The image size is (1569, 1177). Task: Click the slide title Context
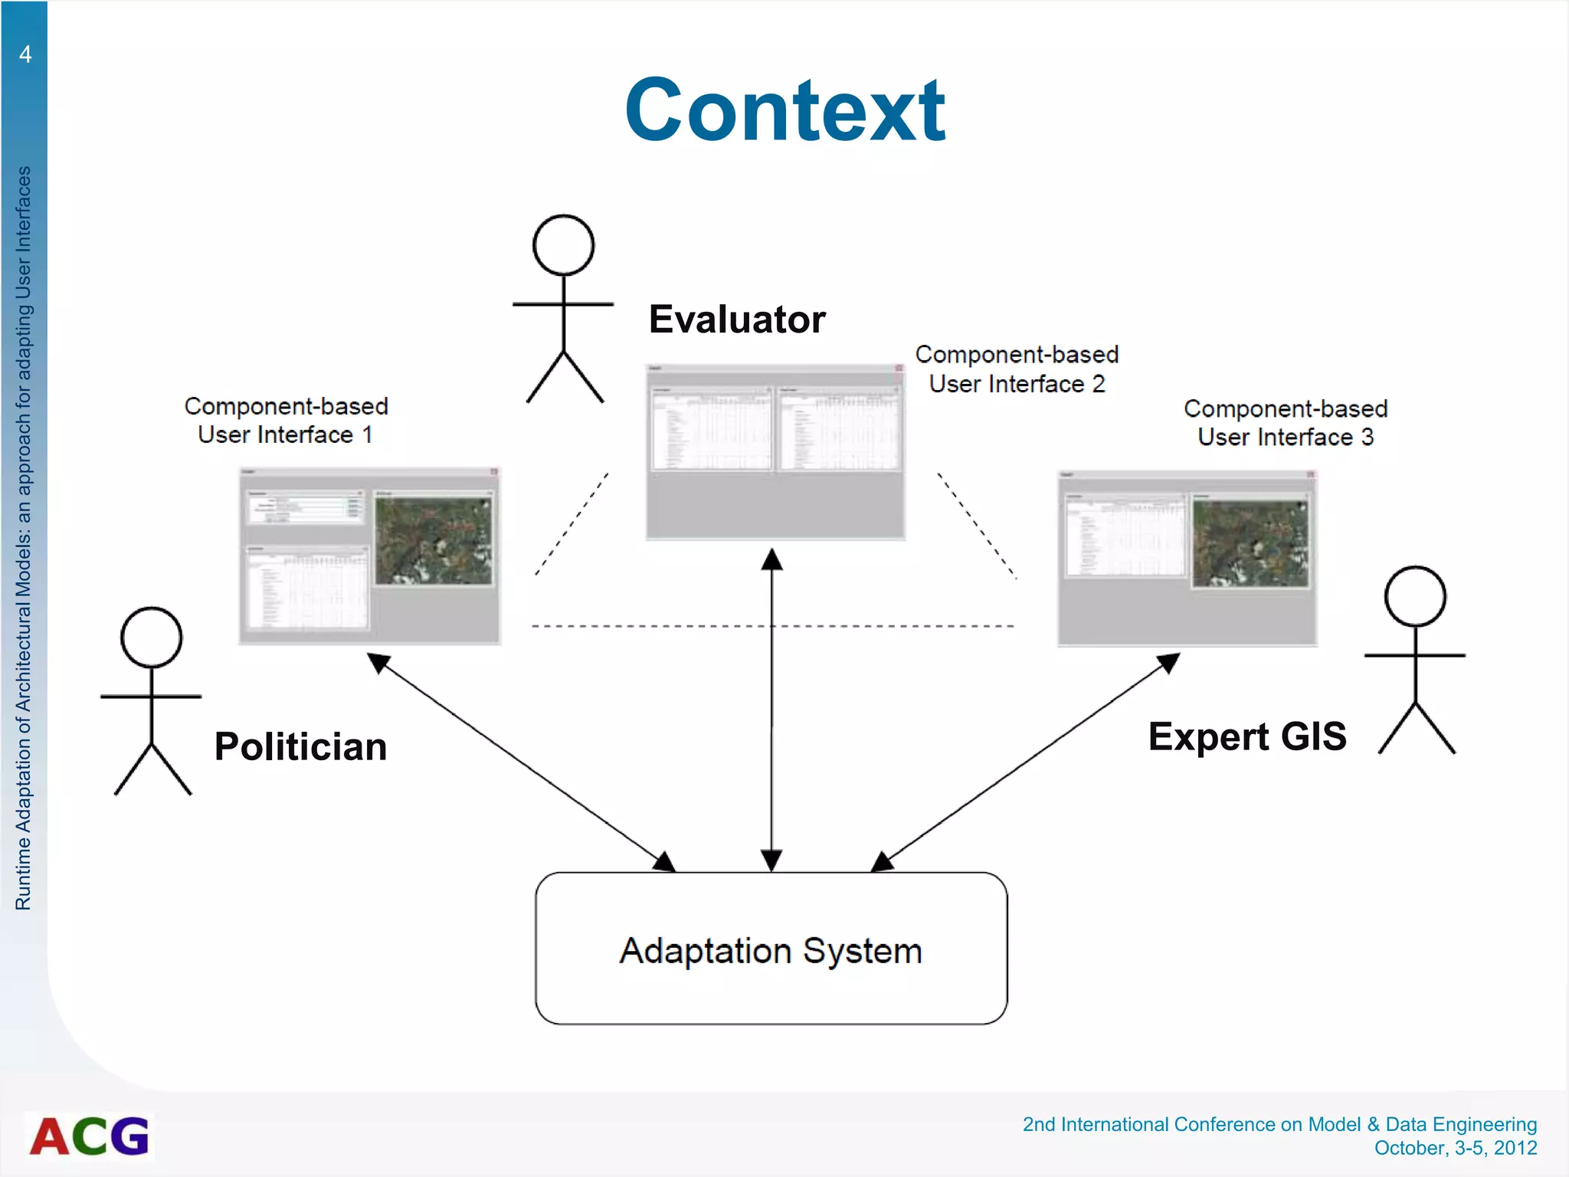tap(784, 111)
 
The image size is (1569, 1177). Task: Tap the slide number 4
tap(25, 54)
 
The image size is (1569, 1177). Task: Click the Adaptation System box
tap(771, 949)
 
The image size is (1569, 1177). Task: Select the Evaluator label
tap(736, 320)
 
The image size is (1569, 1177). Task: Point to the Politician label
tap(300, 747)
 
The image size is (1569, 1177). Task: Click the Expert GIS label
tap(1246, 736)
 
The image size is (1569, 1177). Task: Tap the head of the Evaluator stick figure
tap(563, 245)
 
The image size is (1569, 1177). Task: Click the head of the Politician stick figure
tap(151, 638)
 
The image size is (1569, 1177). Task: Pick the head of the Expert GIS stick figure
tap(1414, 596)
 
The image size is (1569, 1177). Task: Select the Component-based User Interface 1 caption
tap(286, 420)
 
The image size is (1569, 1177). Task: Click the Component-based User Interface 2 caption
tap(1017, 369)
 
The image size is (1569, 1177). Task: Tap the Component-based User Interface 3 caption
tap(1285, 423)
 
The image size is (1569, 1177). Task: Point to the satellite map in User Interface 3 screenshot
tap(1250, 543)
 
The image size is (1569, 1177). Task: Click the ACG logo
tap(90, 1136)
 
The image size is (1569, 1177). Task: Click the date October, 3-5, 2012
tap(1455, 1148)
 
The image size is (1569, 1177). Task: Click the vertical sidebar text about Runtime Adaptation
tap(24, 536)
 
